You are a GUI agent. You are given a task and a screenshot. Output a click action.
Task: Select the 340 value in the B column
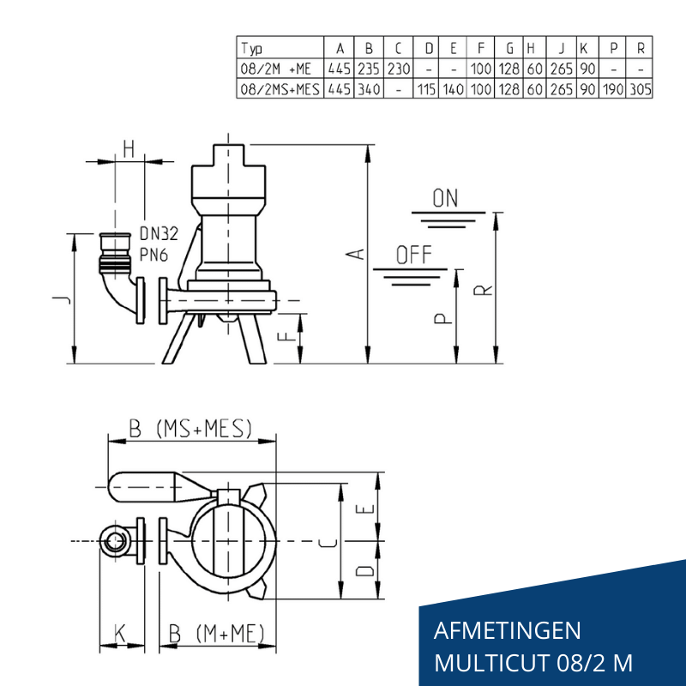pos(369,88)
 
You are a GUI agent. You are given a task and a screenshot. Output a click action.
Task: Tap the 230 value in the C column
pos(398,69)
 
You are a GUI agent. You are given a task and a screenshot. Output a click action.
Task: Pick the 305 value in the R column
pos(641,88)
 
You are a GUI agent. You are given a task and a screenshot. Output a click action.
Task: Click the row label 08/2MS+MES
pos(280,88)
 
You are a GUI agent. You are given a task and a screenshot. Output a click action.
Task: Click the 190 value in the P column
pos(614,88)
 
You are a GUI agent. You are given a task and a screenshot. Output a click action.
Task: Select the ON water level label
pos(445,199)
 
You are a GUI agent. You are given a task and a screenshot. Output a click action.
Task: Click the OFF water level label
pos(414,255)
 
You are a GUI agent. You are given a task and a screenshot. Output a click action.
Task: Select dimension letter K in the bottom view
pos(120,634)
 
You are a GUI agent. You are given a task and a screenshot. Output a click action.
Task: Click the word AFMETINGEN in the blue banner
pos(508,632)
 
